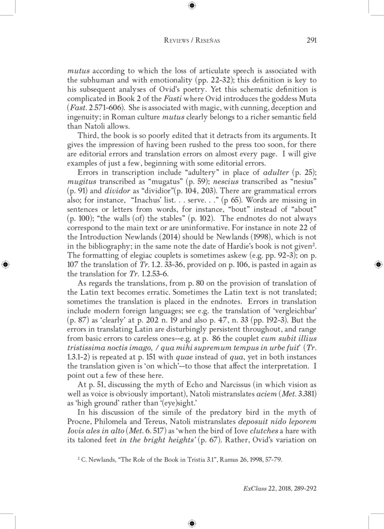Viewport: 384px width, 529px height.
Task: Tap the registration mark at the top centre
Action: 192,6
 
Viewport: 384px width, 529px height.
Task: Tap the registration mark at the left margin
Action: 5,264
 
